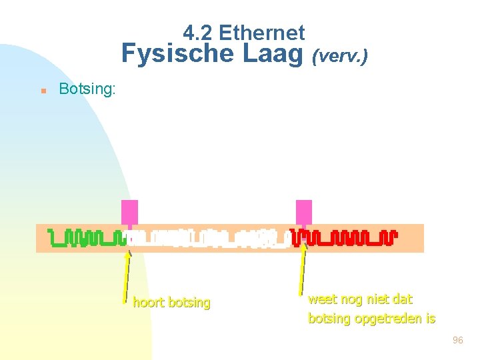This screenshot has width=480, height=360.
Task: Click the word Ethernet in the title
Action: point(261,32)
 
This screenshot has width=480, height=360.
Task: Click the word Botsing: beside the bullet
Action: point(87,89)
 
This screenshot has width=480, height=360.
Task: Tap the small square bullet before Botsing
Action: point(42,90)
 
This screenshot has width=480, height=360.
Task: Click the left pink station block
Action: point(129,212)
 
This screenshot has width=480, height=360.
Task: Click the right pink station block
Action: point(304,212)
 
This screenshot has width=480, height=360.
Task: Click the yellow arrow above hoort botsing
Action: point(127,273)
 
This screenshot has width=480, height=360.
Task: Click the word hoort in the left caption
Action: point(149,303)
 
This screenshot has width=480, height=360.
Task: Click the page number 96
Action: point(457,340)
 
